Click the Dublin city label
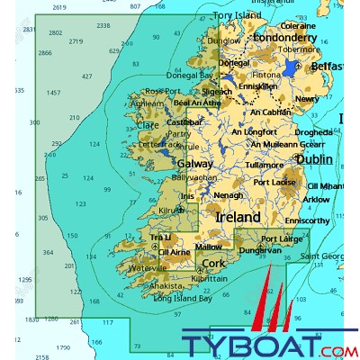(x=314, y=159)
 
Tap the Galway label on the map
(x=195, y=165)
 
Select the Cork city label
(x=214, y=264)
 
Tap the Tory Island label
(x=237, y=16)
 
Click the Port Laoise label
(x=275, y=183)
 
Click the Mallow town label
(x=208, y=246)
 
